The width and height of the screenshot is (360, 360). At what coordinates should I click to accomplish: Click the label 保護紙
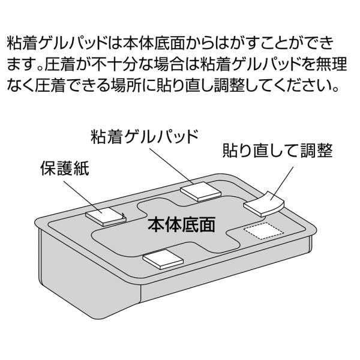point(65,169)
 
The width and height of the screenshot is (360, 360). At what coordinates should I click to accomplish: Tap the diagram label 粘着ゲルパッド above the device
point(145,137)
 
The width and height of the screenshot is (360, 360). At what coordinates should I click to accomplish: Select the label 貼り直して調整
point(278,151)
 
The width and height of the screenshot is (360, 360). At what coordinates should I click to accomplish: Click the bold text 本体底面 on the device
point(181,224)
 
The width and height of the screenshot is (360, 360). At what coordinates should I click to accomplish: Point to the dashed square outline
point(264,230)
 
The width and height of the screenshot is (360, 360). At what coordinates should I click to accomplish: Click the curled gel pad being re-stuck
point(264,203)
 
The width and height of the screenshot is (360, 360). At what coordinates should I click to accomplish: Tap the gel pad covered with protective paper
point(106,217)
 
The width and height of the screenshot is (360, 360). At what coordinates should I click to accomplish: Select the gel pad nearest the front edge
point(163,259)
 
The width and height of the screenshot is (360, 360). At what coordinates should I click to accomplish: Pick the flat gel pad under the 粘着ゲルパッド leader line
point(200,192)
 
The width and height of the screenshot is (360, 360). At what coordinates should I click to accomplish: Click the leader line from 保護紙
point(83,197)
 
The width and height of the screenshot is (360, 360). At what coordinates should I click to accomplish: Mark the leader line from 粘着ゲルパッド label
point(172,166)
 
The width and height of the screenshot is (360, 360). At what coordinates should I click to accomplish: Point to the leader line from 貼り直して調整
point(281,183)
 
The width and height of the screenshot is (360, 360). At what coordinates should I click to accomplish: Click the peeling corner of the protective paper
point(124,215)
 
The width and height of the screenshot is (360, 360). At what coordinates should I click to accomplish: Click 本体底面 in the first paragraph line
point(154,43)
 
